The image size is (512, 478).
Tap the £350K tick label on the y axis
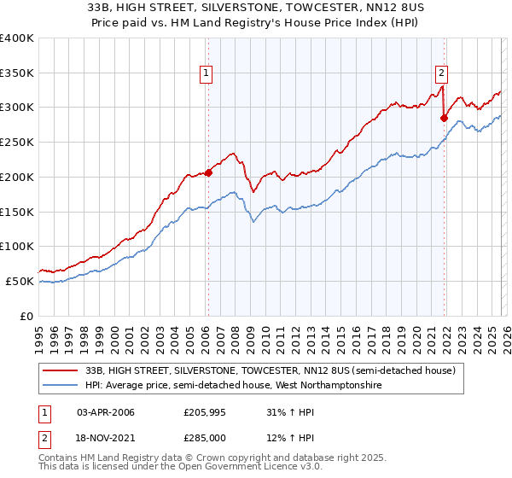point(17,73)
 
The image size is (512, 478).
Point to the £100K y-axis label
point(17,247)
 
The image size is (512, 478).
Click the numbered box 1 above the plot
point(207,74)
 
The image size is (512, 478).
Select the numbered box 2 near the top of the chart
point(442,74)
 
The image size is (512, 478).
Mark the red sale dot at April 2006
point(207,172)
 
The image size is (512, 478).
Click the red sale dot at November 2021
point(444,118)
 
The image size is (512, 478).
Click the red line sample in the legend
point(61,370)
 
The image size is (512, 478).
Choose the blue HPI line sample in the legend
point(61,386)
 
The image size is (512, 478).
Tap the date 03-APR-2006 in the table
point(106,413)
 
